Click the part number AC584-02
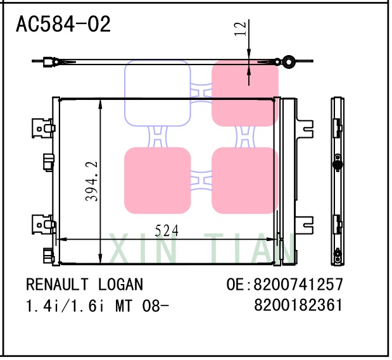coord(63,25)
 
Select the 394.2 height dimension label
coord(92,181)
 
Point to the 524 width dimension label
coord(167,231)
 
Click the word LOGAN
coord(121,284)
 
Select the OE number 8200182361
coord(298,306)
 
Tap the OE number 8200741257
coord(298,284)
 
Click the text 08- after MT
coord(155,306)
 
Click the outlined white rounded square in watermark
coord(158,92)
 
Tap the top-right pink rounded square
coord(244,92)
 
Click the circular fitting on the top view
coord(289,61)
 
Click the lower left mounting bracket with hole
coord(42,225)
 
